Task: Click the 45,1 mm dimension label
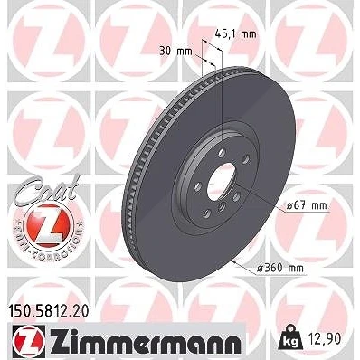tap(235, 34)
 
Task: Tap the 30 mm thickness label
tap(175, 52)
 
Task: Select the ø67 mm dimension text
tap(307, 205)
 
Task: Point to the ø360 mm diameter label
tap(280, 268)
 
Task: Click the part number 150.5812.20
tap(47, 311)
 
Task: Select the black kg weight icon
tap(291, 336)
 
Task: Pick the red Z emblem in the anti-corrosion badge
tap(47, 224)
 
